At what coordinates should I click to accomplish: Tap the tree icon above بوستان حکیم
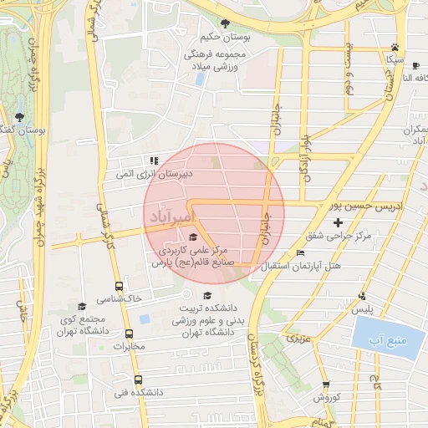pos(224,23)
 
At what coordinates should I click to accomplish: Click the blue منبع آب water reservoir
pos(385,339)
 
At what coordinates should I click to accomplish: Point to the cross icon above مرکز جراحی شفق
pos(338,222)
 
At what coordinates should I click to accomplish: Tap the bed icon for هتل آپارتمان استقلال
pos(300,253)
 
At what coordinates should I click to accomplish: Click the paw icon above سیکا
pos(395,48)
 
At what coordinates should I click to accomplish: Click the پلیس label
pos(362,310)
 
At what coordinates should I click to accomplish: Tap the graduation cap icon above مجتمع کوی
pos(81,307)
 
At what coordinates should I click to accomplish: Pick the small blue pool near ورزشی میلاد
pos(200,79)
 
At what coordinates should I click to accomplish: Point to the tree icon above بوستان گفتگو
pos(19,117)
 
